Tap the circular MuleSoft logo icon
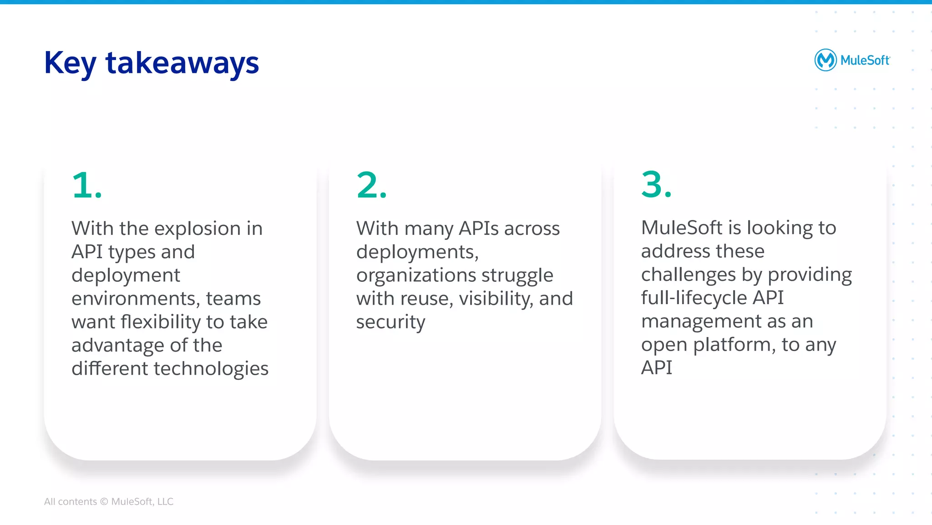coord(825,60)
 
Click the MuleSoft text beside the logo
coord(865,61)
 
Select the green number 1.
coord(86,185)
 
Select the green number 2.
coord(371,185)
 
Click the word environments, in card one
coord(136,299)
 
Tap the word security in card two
coord(390,322)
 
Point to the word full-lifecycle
coord(694,298)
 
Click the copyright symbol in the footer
coord(104,502)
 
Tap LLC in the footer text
coord(165,502)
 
